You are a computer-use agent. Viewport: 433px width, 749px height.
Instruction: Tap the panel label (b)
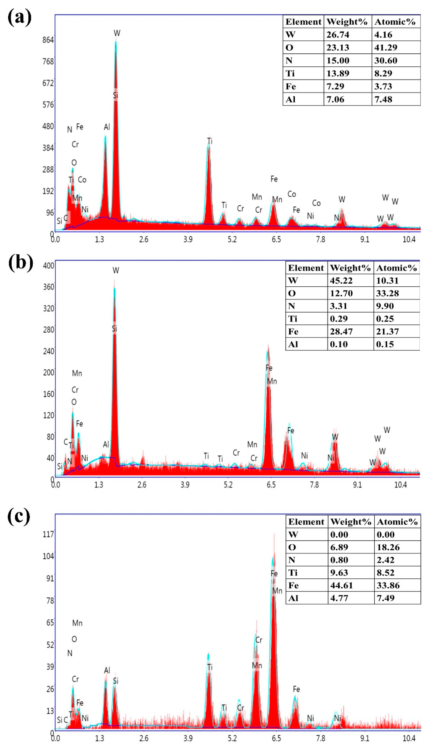point(20,263)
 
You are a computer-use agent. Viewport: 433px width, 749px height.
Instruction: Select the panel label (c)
point(19,516)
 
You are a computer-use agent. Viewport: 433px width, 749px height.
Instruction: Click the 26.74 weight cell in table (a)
point(338,35)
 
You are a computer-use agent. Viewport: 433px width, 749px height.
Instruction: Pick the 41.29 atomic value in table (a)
point(386,48)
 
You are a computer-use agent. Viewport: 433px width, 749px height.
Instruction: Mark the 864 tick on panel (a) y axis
point(48,40)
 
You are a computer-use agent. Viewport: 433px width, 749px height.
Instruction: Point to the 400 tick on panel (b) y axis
point(48,265)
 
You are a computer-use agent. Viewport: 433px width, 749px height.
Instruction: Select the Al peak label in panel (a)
point(107,127)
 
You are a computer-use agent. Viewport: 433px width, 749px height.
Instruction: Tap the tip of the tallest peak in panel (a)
point(116,42)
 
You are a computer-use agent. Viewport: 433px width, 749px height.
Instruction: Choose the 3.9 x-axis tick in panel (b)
point(185,485)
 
